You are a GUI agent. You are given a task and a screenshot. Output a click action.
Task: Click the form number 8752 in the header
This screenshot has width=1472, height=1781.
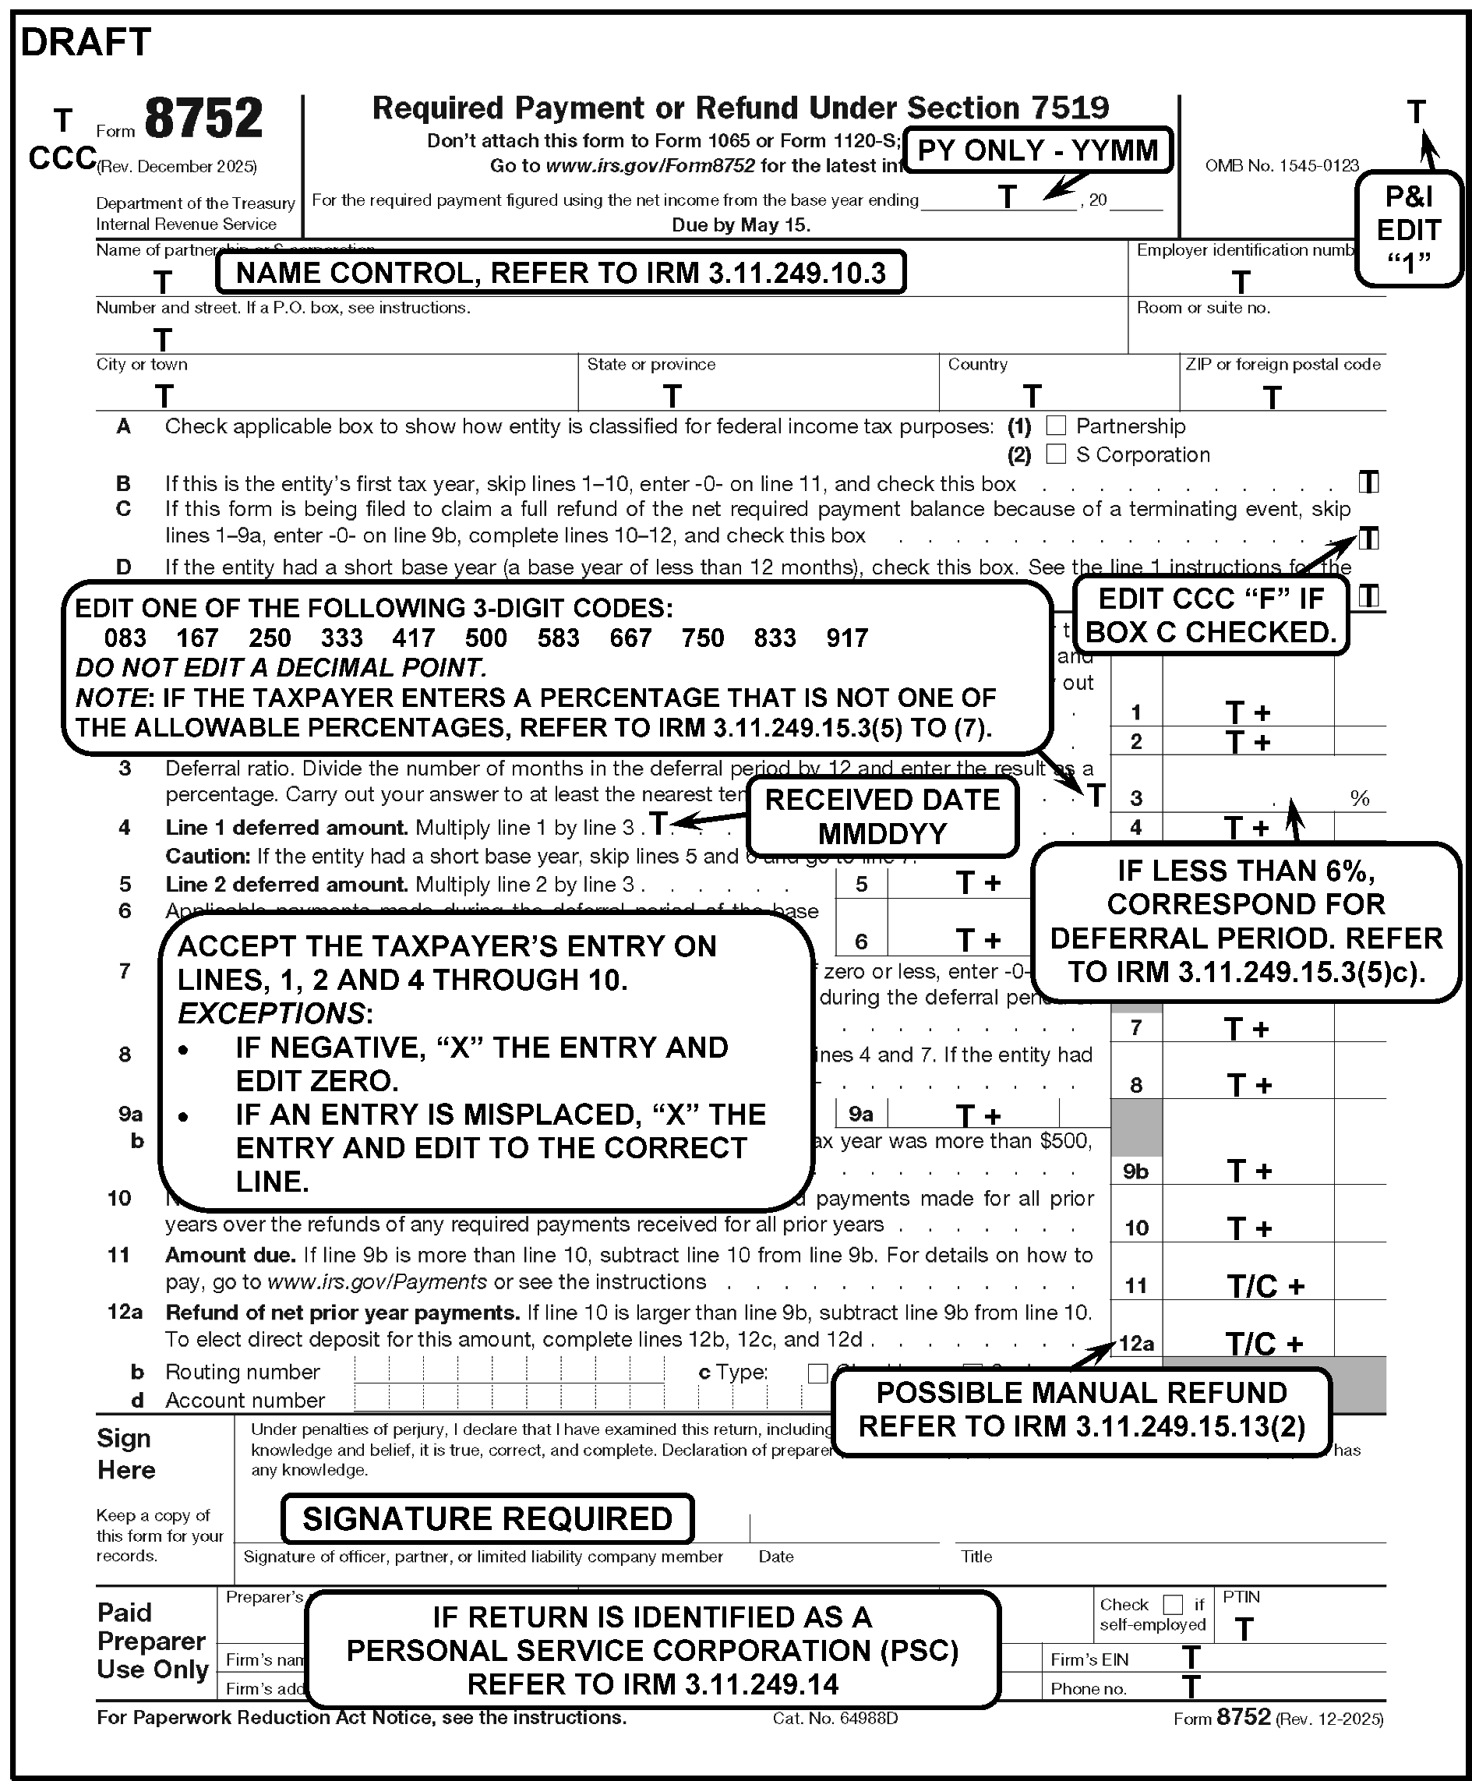tap(203, 118)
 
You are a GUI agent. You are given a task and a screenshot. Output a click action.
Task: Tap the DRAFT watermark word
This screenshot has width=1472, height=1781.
tap(86, 42)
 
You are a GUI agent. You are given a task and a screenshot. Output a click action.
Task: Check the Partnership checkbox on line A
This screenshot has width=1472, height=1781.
tap(1056, 426)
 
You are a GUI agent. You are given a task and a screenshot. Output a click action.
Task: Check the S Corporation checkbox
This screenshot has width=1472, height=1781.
tap(1056, 454)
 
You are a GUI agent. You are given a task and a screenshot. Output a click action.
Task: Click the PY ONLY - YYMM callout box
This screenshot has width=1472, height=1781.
tap(1038, 151)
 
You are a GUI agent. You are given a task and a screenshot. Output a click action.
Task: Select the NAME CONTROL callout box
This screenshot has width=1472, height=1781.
tap(560, 273)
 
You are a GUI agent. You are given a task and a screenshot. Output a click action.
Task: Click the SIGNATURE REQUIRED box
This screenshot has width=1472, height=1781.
tap(487, 1518)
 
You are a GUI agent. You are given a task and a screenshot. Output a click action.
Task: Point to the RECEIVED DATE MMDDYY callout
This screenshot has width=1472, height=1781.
tap(882, 816)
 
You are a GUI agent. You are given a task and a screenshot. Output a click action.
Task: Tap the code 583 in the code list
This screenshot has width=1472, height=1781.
tap(558, 638)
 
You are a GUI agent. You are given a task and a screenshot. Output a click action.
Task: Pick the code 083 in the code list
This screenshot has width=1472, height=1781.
tap(125, 638)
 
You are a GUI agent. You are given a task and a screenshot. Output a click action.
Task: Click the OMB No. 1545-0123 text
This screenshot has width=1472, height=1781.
tap(1281, 166)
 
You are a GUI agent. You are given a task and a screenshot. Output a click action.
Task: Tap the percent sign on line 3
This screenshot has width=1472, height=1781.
tap(1359, 798)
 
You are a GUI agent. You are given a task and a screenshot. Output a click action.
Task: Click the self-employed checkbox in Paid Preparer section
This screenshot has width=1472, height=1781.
tap(1173, 1605)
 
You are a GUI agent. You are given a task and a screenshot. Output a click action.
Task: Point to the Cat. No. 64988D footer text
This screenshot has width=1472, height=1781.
tap(835, 1718)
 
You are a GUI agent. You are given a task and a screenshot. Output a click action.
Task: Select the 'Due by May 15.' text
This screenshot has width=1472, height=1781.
tap(740, 225)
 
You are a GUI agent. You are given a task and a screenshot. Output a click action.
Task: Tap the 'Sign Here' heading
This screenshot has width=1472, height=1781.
tap(126, 1454)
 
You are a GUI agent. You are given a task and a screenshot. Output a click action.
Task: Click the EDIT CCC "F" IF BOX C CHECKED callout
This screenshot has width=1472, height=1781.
tap(1210, 616)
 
